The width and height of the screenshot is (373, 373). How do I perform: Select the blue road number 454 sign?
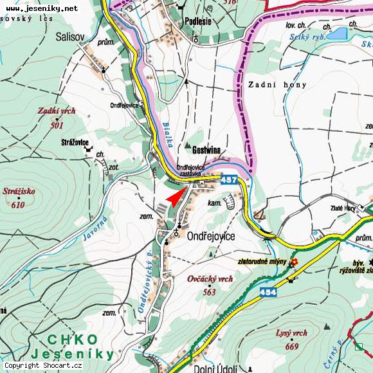pos(269,293)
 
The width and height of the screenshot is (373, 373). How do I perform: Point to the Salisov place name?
pos(70,37)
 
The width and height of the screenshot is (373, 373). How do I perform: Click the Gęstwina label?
pos(201,150)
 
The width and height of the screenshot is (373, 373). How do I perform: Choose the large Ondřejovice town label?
pos(211,237)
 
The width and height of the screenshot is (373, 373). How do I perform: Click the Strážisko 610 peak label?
pos(19,197)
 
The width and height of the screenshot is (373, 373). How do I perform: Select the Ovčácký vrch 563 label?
pos(210,284)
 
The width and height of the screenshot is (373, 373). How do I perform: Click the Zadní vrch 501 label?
pos(57,116)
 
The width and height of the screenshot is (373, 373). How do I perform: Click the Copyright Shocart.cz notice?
pos(43,366)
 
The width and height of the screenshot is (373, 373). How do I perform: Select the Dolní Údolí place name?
pos(215,368)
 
